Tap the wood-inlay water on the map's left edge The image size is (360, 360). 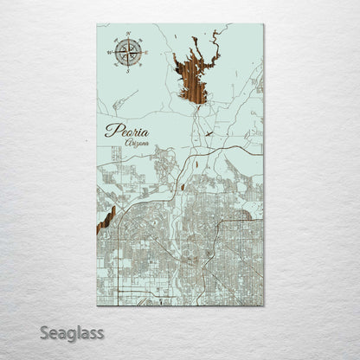click(106, 218)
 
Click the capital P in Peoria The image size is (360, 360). click(110, 132)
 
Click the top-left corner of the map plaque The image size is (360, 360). click(96, 24)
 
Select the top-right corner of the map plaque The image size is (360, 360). click(264, 24)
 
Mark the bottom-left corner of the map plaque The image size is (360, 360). click(96, 305)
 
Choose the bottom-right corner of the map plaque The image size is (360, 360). click(264, 305)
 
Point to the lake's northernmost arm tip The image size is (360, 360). click(215, 32)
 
